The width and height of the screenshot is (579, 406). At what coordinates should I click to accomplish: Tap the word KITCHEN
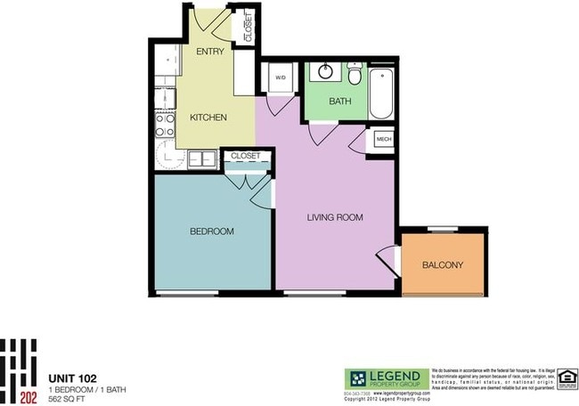click(x=208, y=118)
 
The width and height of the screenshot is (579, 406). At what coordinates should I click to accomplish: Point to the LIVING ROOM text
click(x=335, y=217)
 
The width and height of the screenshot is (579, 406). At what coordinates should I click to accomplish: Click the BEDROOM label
click(x=212, y=231)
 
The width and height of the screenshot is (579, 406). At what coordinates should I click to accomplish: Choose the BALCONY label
click(x=442, y=265)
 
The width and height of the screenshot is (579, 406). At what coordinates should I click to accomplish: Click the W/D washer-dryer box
click(x=280, y=77)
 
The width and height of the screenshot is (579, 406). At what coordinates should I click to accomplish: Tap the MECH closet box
click(x=384, y=140)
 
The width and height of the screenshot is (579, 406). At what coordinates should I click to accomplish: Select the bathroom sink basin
click(x=322, y=73)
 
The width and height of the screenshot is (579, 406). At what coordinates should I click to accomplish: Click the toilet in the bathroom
click(x=354, y=73)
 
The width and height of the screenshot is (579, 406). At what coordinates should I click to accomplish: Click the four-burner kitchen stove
click(x=164, y=124)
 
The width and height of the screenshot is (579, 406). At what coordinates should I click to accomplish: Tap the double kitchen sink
click(x=195, y=158)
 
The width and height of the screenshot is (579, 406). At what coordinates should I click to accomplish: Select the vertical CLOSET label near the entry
click(x=248, y=28)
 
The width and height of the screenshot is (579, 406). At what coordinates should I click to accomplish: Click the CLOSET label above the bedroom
click(x=245, y=156)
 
